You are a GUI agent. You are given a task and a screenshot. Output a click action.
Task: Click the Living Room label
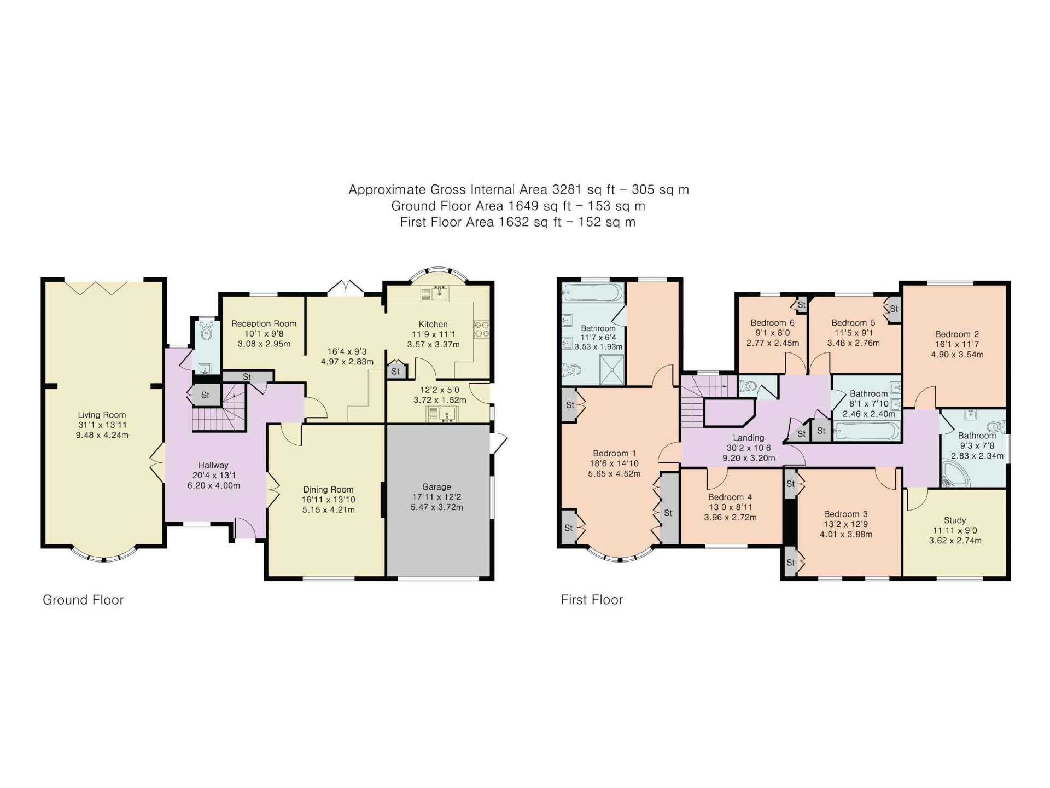[102, 415]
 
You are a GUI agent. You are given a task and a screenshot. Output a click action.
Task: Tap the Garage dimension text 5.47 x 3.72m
[436, 507]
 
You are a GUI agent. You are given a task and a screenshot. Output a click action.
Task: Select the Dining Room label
[328, 489]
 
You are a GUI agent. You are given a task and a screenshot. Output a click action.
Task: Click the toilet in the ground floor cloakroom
[206, 331]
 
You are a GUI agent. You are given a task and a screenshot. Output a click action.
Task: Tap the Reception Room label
[264, 323]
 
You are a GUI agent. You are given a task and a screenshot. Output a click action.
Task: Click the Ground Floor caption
[83, 600]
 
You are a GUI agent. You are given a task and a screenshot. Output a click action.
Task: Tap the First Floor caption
[592, 600]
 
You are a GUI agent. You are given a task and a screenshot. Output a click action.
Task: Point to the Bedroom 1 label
[614, 453]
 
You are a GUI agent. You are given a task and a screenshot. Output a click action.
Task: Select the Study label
[955, 520]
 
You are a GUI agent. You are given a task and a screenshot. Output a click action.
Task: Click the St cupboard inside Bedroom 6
[801, 305]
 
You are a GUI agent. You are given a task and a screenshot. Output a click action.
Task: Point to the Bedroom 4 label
[730, 497]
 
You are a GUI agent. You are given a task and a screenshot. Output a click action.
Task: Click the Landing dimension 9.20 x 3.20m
[749, 458]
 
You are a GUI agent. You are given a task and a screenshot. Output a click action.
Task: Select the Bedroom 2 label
[956, 334]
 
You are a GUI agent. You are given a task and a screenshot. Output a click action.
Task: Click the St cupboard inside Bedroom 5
[894, 309]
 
